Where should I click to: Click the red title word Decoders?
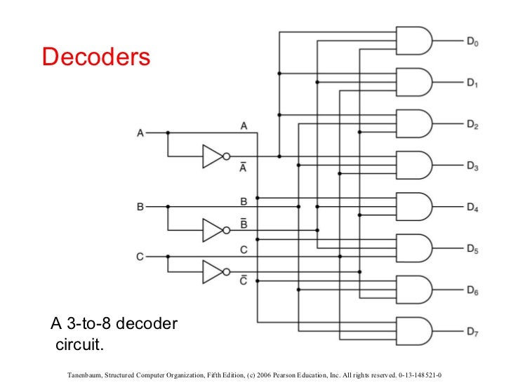[x=96, y=57]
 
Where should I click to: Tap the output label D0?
[x=473, y=41]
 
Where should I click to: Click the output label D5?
[x=473, y=248]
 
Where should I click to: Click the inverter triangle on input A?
[x=213, y=156]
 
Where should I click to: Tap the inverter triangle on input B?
[x=213, y=229]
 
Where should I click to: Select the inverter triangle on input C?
[x=213, y=271]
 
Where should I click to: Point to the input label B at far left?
[x=140, y=207]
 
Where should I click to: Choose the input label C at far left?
[x=140, y=257]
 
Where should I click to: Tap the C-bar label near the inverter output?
[x=244, y=280]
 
